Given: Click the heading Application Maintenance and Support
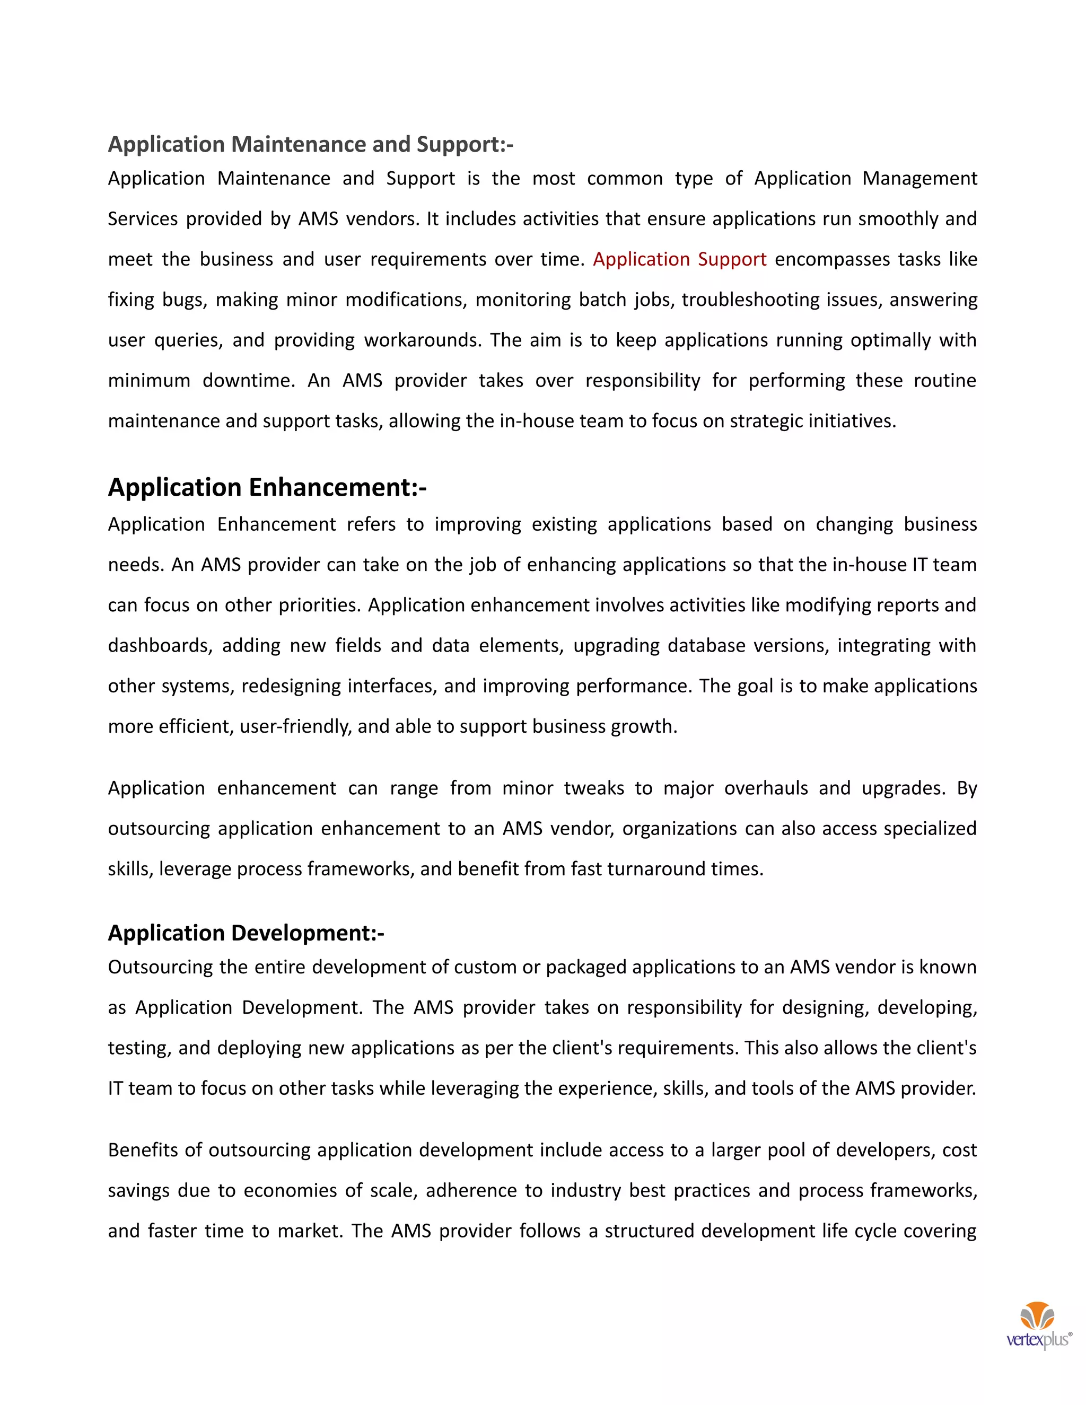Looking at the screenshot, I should click(x=310, y=144).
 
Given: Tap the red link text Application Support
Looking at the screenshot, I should click(x=679, y=259).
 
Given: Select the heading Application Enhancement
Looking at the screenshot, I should click(x=267, y=488).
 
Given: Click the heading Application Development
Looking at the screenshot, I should click(x=246, y=933).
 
